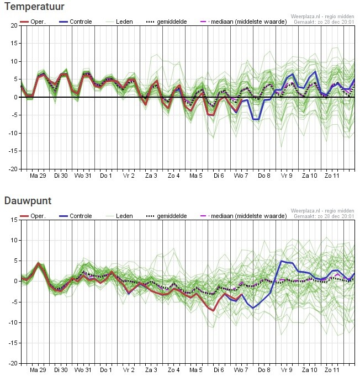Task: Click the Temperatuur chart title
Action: pos(34,7)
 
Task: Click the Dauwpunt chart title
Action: pos(28,201)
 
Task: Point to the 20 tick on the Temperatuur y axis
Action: pos(14,25)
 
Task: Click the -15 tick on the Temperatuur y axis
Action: pos(13,151)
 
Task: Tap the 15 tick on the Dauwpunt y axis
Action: pos(14,220)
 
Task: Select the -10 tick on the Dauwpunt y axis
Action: pos(13,322)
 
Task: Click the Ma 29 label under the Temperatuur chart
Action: pos(38,176)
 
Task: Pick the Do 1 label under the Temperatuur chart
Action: pos(106,176)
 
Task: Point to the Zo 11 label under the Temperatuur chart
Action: pos(332,176)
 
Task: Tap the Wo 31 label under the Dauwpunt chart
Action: pos(83,370)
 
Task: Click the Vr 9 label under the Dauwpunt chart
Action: pos(287,370)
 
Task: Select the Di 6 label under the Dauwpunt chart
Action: pos(219,370)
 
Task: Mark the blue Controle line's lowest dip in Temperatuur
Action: pos(256,119)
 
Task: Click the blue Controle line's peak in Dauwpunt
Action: pos(282,261)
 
